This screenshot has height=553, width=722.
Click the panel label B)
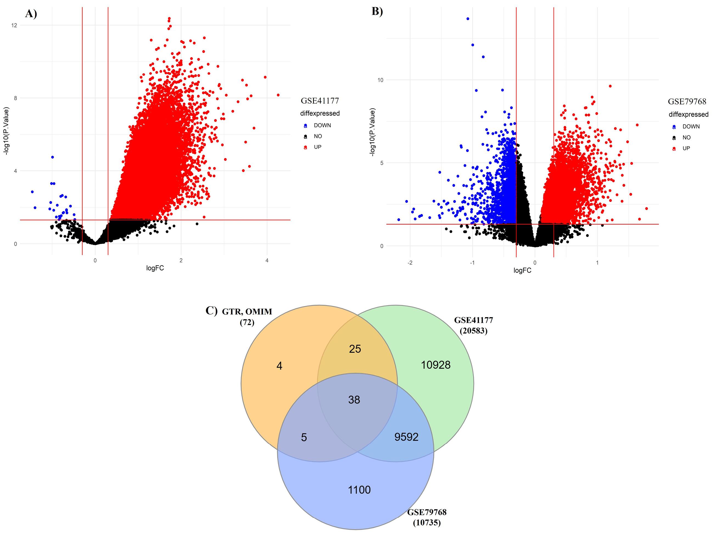click(x=377, y=11)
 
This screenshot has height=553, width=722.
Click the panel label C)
click(x=211, y=310)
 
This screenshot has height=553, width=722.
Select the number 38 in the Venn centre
click(x=354, y=400)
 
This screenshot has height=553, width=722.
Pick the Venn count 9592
click(x=406, y=437)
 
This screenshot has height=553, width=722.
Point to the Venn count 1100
click(x=359, y=490)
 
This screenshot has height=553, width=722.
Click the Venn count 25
click(x=355, y=349)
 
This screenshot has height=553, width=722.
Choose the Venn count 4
click(x=279, y=366)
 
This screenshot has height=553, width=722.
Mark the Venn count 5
click(x=304, y=437)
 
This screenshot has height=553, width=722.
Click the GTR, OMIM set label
click(x=247, y=312)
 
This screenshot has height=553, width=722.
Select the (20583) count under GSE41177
click(x=474, y=330)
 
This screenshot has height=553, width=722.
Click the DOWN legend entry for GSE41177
click(x=322, y=126)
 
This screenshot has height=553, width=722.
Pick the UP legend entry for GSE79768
click(x=686, y=148)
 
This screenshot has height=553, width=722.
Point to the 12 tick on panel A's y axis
click(x=14, y=25)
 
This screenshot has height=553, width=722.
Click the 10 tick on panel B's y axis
click(x=380, y=80)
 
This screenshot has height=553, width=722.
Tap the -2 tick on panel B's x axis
click(x=410, y=263)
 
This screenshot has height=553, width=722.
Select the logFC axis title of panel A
click(x=155, y=268)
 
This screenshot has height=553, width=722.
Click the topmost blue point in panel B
click(x=468, y=19)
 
